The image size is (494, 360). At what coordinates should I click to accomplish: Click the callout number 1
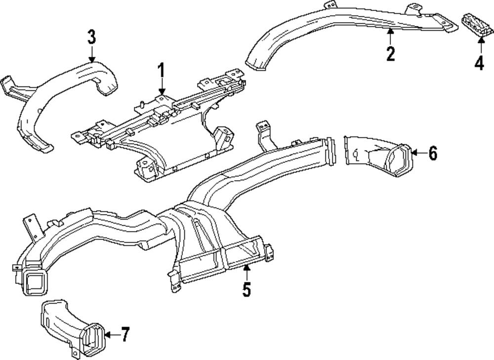pyautogui.click(x=161, y=71)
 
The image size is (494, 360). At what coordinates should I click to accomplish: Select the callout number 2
pyautogui.click(x=390, y=54)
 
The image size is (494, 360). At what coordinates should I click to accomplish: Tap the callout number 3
pyautogui.click(x=91, y=37)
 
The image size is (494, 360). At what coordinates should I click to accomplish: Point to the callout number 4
pyautogui.click(x=479, y=63)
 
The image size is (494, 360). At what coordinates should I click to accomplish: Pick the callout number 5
pyautogui.click(x=247, y=289)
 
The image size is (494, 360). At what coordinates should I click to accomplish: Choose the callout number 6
pyautogui.click(x=433, y=154)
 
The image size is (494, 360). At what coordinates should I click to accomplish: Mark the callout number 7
pyautogui.click(x=125, y=334)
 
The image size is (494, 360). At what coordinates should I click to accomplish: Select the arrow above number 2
pyautogui.click(x=390, y=37)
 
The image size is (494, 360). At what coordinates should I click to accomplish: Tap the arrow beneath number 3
pyautogui.click(x=92, y=53)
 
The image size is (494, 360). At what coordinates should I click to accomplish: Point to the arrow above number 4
pyautogui.click(x=481, y=45)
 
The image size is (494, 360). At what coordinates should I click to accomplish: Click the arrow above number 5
pyautogui.click(x=247, y=273)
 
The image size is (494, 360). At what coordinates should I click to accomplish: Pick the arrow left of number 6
pyautogui.click(x=419, y=153)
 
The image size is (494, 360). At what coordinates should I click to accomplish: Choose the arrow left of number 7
pyautogui.click(x=112, y=334)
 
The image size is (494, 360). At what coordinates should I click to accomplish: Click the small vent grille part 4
pyautogui.click(x=476, y=25)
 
